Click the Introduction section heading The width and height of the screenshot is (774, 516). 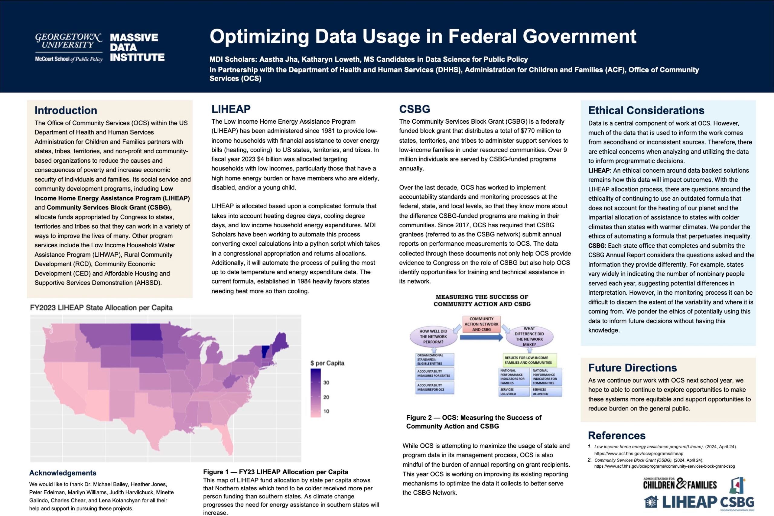[x=66, y=110]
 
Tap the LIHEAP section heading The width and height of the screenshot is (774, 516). [x=231, y=109]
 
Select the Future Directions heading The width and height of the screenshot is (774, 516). [x=632, y=368]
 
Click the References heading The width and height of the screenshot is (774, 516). [x=616, y=435]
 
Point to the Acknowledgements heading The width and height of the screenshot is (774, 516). [x=63, y=473]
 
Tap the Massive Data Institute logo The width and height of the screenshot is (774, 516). [x=137, y=47]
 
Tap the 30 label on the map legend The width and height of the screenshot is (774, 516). [x=326, y=383]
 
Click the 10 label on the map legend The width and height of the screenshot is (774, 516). [x=326, y=411]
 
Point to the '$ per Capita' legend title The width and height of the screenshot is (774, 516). [x=327, y=363]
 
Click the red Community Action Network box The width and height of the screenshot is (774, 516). [x=481, y=324]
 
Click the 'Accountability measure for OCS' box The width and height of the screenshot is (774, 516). [x=434, y=387]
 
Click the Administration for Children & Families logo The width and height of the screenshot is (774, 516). [x=680, y=484]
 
